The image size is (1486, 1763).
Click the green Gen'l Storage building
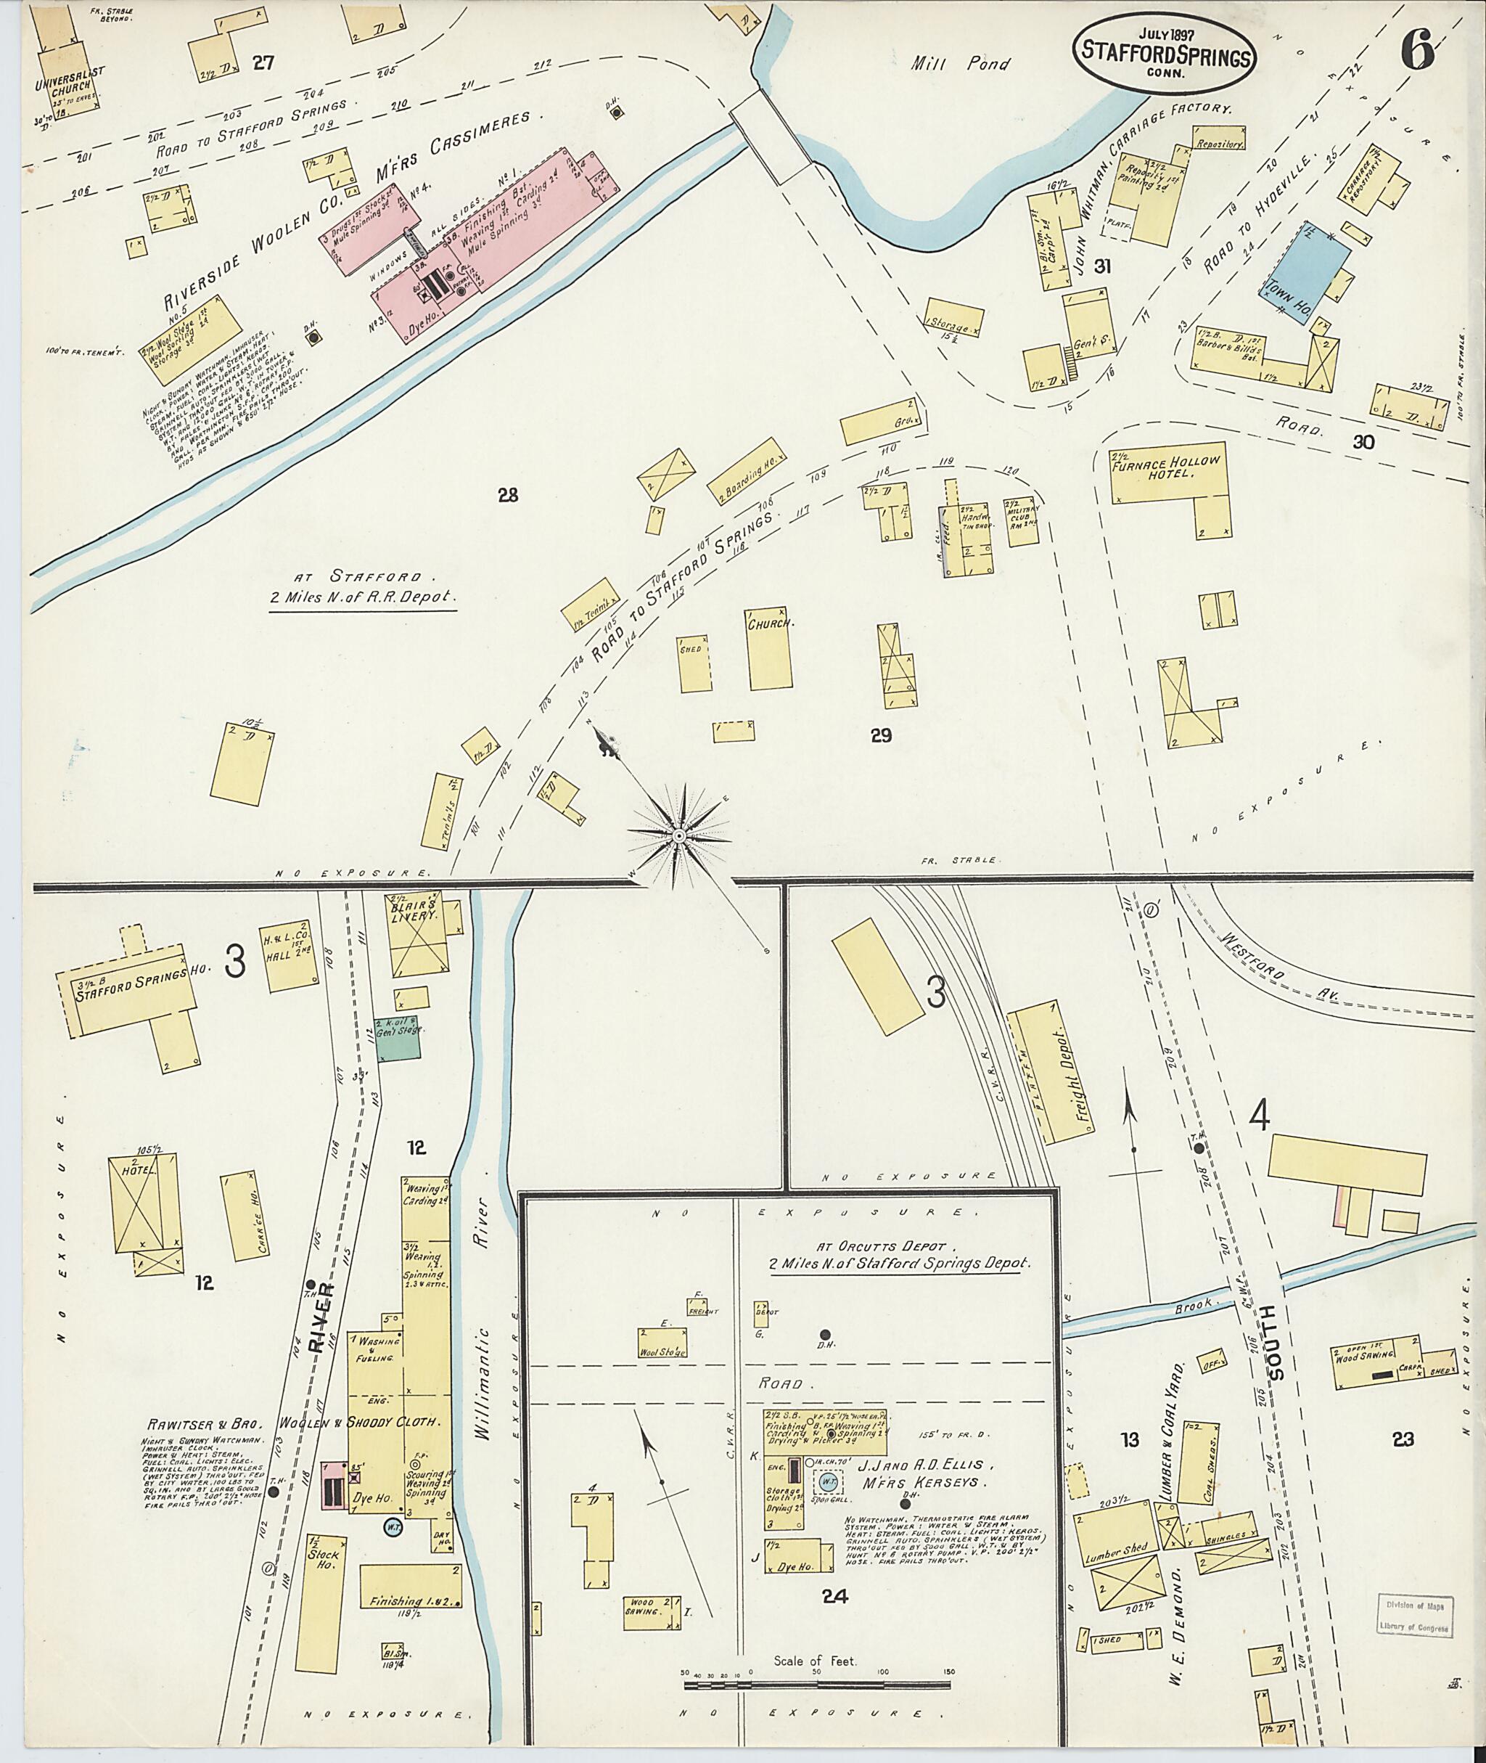coord(398,1042)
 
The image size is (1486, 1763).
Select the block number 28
coord(507,496)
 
